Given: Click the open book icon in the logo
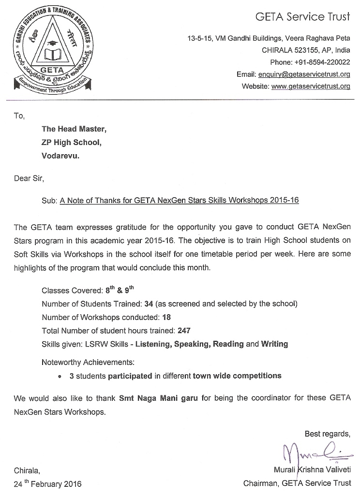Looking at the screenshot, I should (51, 54).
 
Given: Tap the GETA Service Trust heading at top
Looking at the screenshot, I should (302, 17).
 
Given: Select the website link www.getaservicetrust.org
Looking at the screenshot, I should (311, 87).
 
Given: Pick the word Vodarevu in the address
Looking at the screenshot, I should (60, 156).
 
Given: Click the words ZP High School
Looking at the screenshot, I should (72, 143).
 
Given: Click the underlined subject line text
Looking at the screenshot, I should (179, 201).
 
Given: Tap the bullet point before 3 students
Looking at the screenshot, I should (59, 376).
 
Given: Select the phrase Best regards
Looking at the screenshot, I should (327, 433).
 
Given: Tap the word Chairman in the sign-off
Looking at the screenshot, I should (260, 483).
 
